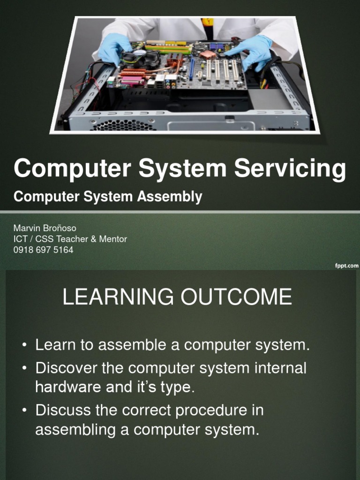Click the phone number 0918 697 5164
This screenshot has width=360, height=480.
(43, 250)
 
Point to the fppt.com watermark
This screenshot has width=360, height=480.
(346, 265)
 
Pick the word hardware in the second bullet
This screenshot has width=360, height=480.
(68, 387)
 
